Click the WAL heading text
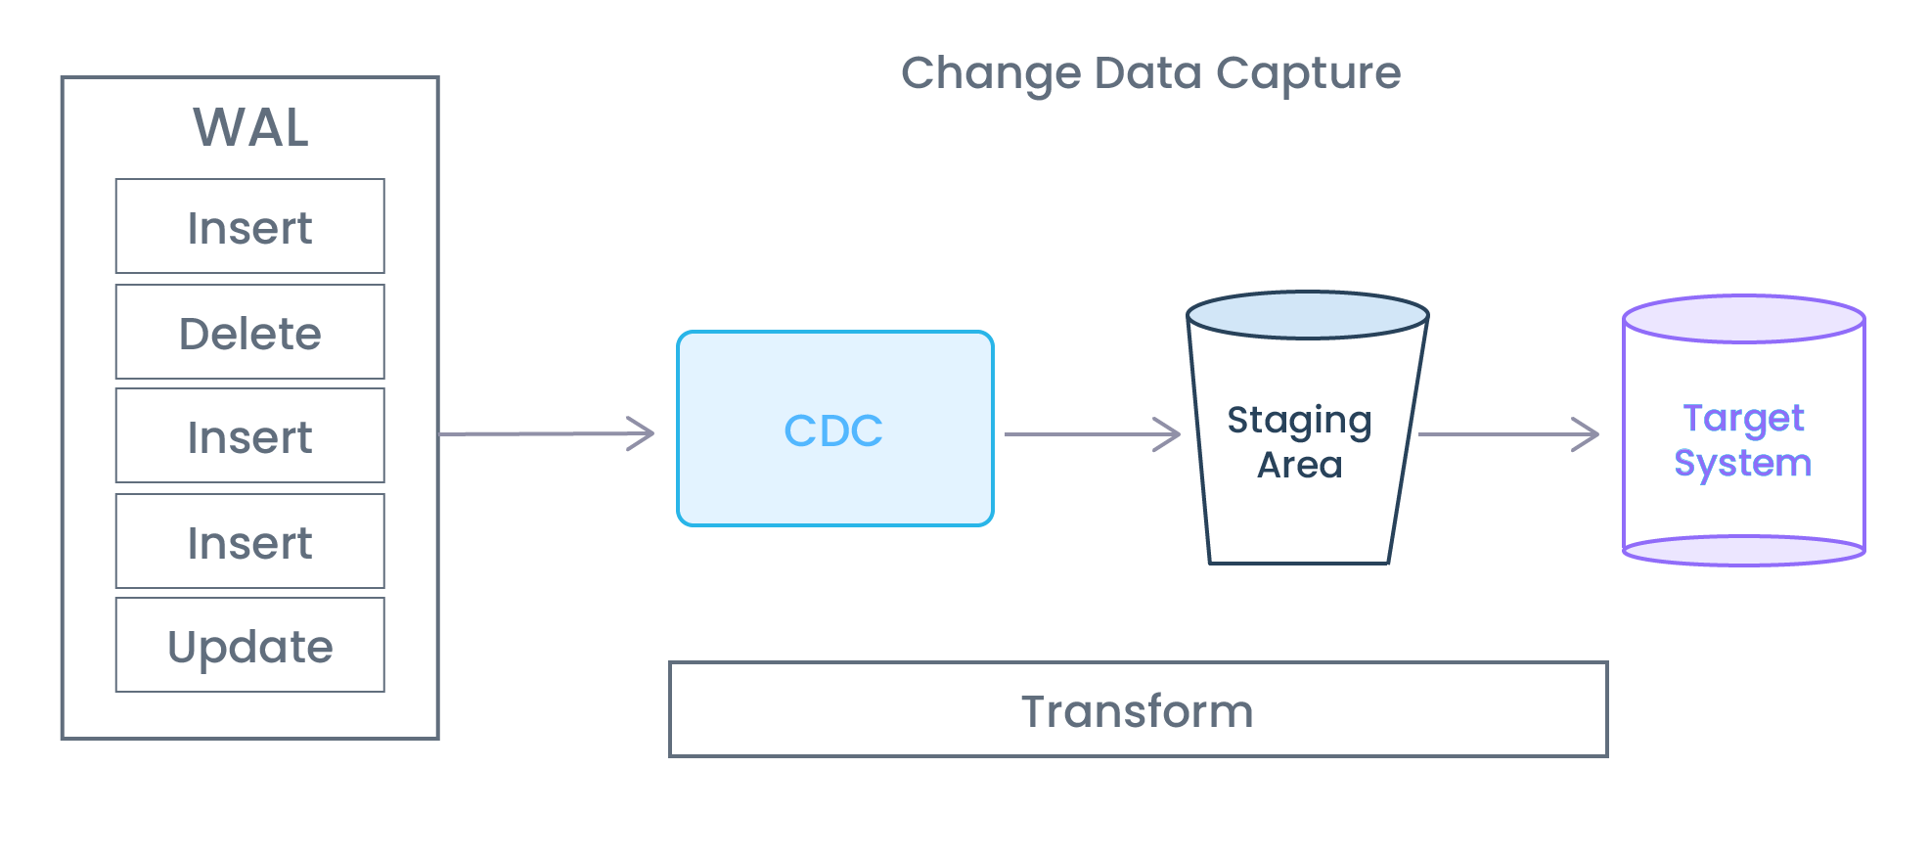click(250, 127)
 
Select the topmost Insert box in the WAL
click(249, 227)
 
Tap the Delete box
click(249, 333)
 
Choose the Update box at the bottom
click(249, 646)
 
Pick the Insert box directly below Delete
click(249, 436)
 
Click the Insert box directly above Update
click(249, 542)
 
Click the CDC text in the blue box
click(833, 430)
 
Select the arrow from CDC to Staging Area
click(1091, 434)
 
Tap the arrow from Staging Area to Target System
click(1506, 434)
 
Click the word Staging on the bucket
click(1299, 421)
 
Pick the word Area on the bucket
click(1299, 465)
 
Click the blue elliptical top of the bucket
click(1307, 315)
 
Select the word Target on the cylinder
click(1743, 419)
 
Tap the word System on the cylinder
click(1742, 463)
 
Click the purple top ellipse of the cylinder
click(1743, 319)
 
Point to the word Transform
click(1137, 711)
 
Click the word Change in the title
click(990, 73)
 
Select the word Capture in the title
click(1308, 73)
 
